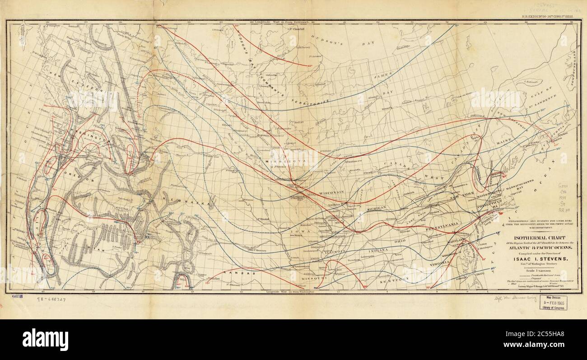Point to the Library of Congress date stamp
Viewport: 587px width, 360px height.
(555, 302)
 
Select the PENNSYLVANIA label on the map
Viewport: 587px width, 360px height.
(443, 224)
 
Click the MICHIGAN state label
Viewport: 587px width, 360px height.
(376, 208)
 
